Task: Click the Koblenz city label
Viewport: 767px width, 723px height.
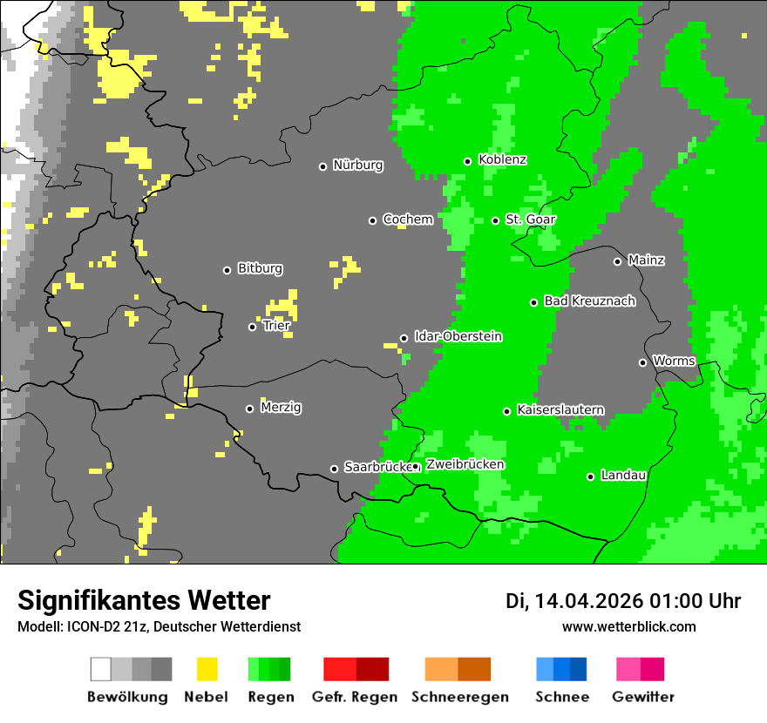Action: (502, 160)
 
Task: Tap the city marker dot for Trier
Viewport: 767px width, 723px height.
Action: (253, 327)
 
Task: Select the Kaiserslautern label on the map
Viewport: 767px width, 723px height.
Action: (560, 410)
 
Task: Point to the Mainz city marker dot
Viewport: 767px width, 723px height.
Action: (617, 261)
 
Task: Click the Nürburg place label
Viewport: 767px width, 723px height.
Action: (357, 166)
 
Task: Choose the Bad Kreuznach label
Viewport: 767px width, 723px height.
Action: (589, 301)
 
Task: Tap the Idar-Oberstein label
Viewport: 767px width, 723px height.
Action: (458, 337)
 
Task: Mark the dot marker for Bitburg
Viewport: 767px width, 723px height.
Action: (227, 270)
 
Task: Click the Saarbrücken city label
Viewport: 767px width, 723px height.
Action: (377, 468)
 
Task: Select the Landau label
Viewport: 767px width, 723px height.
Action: (623, 476)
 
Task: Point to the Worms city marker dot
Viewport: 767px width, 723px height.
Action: (642, 362)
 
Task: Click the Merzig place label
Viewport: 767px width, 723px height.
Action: (281, 408)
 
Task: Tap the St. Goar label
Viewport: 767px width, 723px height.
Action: (530, 220)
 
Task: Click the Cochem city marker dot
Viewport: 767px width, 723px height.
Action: (372, 220)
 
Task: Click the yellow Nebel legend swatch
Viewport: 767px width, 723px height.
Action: (207, 669)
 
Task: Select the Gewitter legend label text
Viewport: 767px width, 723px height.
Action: (642, 697)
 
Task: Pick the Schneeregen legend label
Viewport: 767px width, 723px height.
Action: (458, 697)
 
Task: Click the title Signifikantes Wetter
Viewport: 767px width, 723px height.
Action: (144, 601)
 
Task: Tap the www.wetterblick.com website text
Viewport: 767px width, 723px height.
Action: (628, 626)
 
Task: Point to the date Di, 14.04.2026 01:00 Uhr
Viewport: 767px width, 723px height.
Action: (623, 601)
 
